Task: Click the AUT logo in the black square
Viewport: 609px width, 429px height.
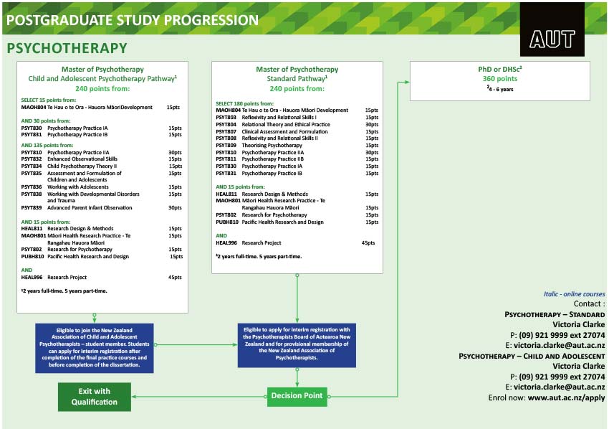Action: [x=552, y=39]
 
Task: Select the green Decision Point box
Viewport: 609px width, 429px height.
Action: [x=297, y=395]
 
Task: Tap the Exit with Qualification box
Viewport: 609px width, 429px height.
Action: [x=95, y=397]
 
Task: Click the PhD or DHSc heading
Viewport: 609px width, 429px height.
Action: [x=499, y=69]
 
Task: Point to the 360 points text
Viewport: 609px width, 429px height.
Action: [x=499, y=79]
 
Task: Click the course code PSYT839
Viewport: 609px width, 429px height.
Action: [x=32, y=208]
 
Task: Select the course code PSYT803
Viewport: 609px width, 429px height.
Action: [x=226, y=117]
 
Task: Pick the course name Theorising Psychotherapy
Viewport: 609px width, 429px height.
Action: [x=272, y=146]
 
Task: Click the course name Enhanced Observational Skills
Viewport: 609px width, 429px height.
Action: [x=82, y=159]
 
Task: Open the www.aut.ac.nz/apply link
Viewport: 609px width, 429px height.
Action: [x=566, y=397]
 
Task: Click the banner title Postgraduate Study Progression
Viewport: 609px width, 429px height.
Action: [x=133, y=20]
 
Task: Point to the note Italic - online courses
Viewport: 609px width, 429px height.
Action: [x=574, y=294]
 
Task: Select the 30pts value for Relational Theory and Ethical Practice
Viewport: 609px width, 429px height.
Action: [x=371, y=124]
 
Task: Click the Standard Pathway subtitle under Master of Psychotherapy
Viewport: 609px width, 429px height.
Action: [x=297, y=79]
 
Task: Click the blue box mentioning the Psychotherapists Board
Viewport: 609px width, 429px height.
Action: [x=297, y=344]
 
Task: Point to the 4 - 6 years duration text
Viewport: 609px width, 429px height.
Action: [x=499, y=89]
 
